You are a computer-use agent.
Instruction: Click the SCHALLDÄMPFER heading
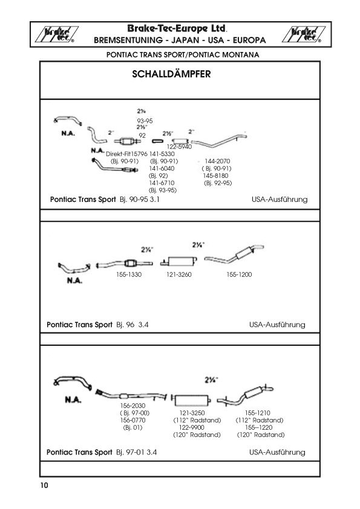point(171,74)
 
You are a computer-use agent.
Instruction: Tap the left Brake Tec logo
point(56,34)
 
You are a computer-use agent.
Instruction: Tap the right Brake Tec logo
point(304,34)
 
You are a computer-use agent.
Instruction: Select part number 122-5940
point(179,147)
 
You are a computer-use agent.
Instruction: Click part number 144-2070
point(217,161)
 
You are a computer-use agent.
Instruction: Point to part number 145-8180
point(216,176)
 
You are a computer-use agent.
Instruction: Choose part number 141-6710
point(162,183)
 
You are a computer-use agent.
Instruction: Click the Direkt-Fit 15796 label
point(126,154)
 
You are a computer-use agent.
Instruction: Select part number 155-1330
point(129,274)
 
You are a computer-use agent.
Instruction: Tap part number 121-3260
point(179,274)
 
